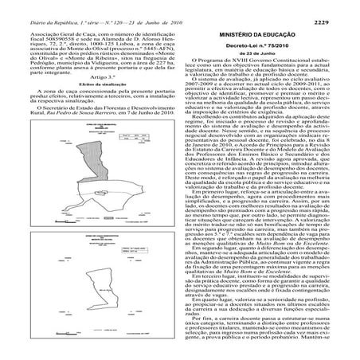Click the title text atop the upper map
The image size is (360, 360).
click(x=89, y=112)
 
